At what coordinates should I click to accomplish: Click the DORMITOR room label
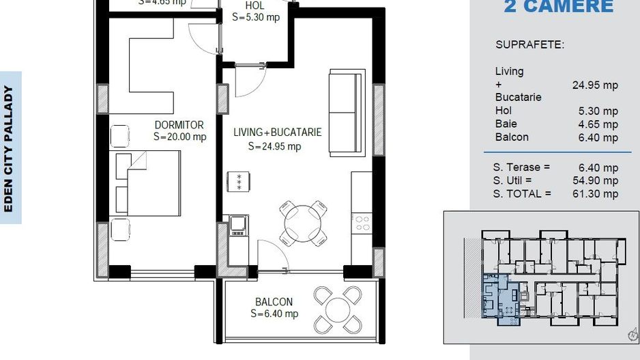pos(179,125)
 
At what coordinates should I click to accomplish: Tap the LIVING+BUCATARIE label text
pos(277,132)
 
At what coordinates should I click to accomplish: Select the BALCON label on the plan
pos(274,302)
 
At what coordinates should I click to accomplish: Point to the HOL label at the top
pos(255,6)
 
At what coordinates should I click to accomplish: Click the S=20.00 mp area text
pos(179,137)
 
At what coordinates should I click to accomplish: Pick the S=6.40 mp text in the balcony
pos(274,314)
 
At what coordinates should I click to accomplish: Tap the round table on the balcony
pos(338,309)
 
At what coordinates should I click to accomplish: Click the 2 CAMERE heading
pos(558,7)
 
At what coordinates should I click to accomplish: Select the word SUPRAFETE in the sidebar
pos(529,45)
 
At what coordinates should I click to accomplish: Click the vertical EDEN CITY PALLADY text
pos(10,148)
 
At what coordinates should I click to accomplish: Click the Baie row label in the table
pos(506,124)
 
